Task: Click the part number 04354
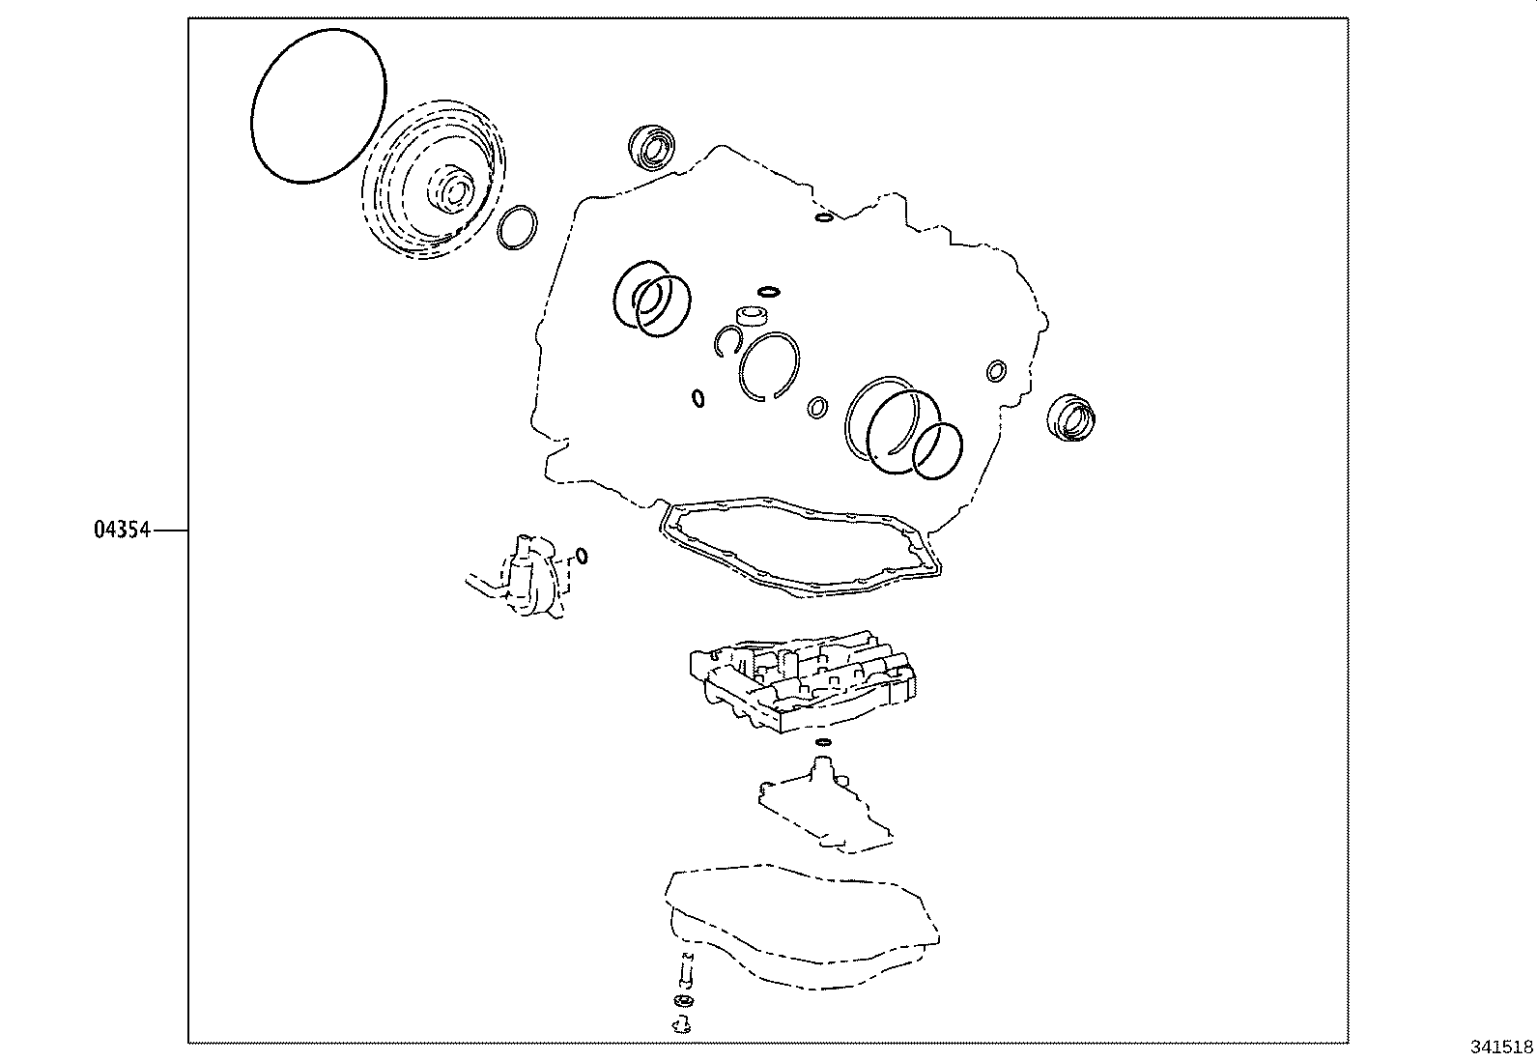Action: (122, 531)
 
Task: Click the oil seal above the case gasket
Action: (651, 146)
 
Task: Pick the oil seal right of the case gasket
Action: (1071, 416)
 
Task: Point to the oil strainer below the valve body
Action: (824, 803)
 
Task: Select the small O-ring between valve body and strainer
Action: (822, 742)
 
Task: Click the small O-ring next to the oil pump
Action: (581, 555)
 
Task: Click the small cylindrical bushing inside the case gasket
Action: (753, 316)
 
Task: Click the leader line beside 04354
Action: (169, 531)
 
